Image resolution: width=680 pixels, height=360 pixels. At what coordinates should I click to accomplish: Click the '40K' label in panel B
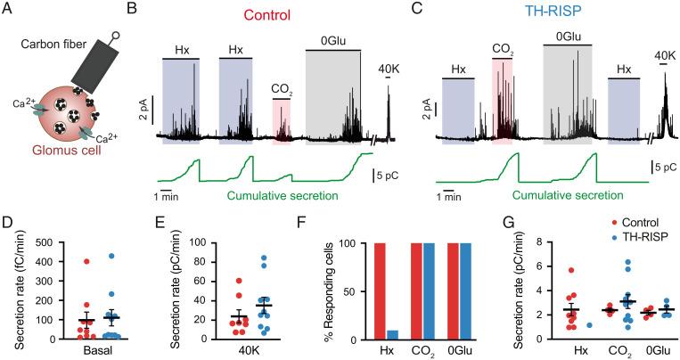coord(388,70)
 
